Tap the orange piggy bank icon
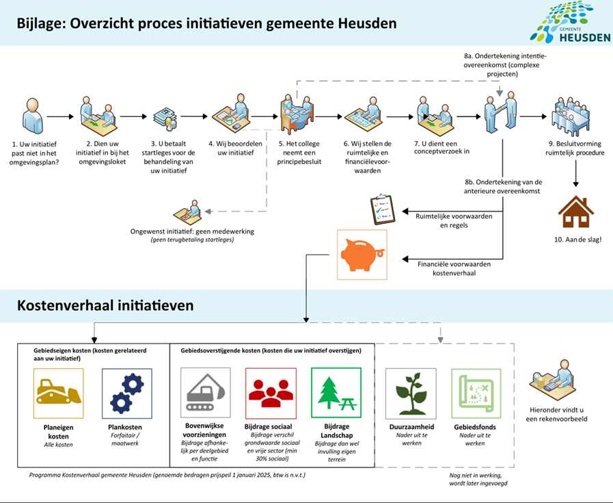(x=362, y=255)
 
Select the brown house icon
(x=576, y=212)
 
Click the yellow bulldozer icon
(x=58, y=393)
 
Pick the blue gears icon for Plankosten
(x=126, y=393)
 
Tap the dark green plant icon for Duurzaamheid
(x=411, y=393)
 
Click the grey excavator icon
(x=206, y=393)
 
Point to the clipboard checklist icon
(x=381, y=209)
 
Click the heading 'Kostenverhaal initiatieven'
(x=105, y=305)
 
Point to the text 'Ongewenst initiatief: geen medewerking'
(x=192, y=231)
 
